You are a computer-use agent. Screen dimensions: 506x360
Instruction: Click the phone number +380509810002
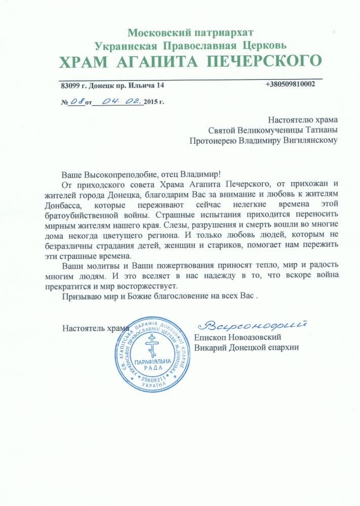(x=290, y=85)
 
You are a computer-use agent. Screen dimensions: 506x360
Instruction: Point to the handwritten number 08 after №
(x=77, y=101)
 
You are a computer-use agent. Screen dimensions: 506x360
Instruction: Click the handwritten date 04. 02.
(x=120, y=101)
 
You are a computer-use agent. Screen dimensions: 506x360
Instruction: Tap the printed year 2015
(x=151, y=102)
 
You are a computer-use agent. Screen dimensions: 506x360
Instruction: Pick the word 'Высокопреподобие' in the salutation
(x=116, y=174)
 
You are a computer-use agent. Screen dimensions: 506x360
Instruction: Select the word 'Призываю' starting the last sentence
(x=78, y=297)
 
